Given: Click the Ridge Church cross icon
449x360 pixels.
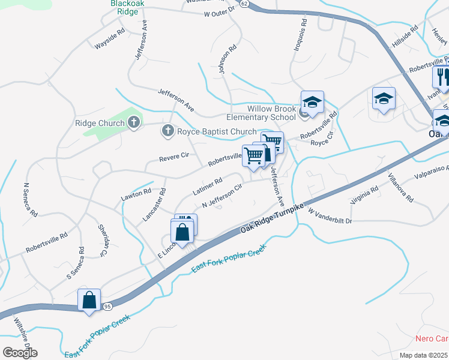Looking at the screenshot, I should coord(133,123).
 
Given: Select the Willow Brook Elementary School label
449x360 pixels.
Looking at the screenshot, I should coord(272,113).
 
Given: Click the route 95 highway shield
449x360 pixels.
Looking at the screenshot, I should coord(107,307).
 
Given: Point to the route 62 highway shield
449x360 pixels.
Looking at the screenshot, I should coord(243,4).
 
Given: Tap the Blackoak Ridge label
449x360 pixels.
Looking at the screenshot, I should coord(125,7).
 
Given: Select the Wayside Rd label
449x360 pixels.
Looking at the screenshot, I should coord(109,39).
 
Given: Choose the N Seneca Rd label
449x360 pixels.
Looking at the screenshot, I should coord(30,200).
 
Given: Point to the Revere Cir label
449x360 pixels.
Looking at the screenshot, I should coord(174,158).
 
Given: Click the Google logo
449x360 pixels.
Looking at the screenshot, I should coord(20,353).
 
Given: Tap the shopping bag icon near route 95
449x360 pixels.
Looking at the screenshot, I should coord(89,299).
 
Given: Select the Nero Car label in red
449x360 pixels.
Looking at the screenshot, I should coord(432,338).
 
